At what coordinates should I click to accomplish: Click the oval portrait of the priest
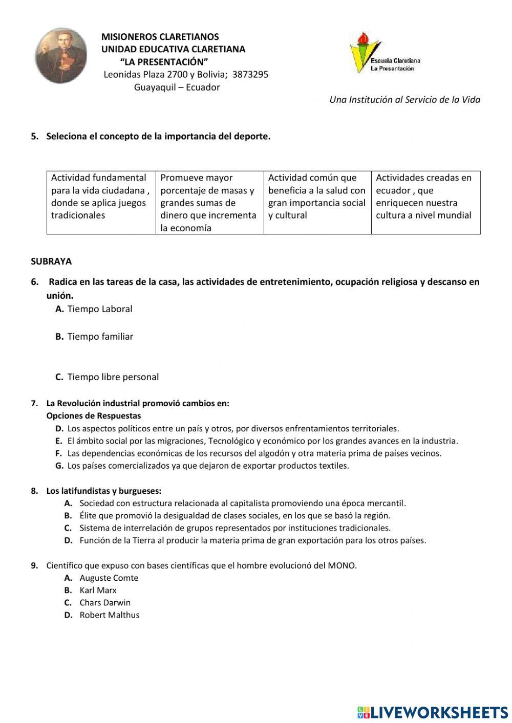(x=61, y=56)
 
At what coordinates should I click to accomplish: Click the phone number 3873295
(x=250, y=75)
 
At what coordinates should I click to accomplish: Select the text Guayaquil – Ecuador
(x=177, y=87)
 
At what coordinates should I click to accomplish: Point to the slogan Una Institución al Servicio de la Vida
(x=404, y=100)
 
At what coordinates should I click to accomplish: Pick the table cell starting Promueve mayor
(x=209, y=203)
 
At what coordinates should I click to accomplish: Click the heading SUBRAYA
(x=51, y=261)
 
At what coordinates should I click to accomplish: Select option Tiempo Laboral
(x=99, y=309)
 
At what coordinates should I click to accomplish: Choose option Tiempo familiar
(x=100, y=337)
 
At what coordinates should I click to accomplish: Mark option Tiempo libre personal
(x=113, y=377)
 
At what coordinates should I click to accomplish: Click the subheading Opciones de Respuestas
(x=93, y=416)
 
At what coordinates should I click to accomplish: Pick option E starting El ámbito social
(x=262, y=441)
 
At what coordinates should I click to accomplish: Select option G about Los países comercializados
(x=208, y=466)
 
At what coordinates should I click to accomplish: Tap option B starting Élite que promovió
(x=234, y=516)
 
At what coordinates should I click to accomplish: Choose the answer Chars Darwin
(x=104, y=603)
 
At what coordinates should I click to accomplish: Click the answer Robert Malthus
(x=109, y=615)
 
